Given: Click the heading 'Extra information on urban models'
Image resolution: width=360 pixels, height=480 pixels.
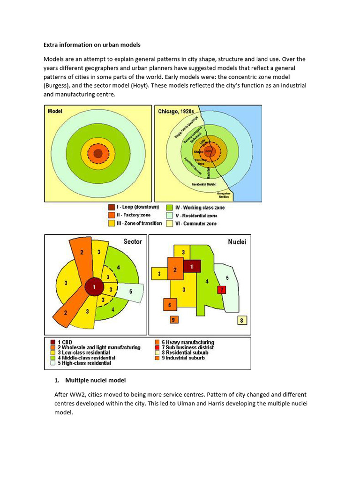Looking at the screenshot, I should click(92, 45).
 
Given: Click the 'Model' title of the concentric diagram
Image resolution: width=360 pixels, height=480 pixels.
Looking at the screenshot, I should click(55, 112).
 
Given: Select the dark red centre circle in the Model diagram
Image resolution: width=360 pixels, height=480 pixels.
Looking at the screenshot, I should click(97, 153).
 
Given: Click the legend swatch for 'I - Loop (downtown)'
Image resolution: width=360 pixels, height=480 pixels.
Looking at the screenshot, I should click(111, 207).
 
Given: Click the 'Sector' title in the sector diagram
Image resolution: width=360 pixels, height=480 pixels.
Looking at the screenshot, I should click(133, 241).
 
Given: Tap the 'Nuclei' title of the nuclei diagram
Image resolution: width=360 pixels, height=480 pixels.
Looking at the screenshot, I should click(237, 242).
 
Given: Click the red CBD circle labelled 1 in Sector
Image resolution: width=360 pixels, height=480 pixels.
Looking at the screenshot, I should click(95, 286).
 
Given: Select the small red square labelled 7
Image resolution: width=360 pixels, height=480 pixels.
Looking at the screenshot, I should click(221, 290).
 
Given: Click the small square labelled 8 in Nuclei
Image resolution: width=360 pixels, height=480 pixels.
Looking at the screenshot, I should click(242, 321).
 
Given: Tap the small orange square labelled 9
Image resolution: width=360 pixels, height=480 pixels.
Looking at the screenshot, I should click(174, 320).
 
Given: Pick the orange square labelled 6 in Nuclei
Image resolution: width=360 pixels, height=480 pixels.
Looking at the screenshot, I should click(170, 305).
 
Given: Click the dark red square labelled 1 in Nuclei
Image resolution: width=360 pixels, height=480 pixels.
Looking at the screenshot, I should click(192, 266).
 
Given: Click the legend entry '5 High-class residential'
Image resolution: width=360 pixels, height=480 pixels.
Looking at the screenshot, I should click(80, 363).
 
